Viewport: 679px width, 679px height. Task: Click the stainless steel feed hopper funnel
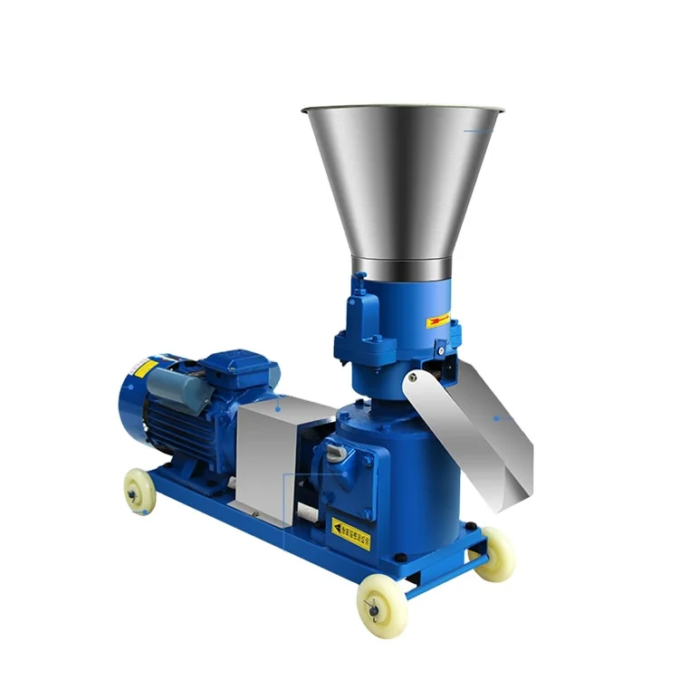point(403,181)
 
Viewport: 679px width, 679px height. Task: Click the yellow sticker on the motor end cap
point(146,369)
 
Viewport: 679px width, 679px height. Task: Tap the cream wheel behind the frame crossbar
point(494,553)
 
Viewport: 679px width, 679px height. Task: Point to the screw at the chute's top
point(413,377)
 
